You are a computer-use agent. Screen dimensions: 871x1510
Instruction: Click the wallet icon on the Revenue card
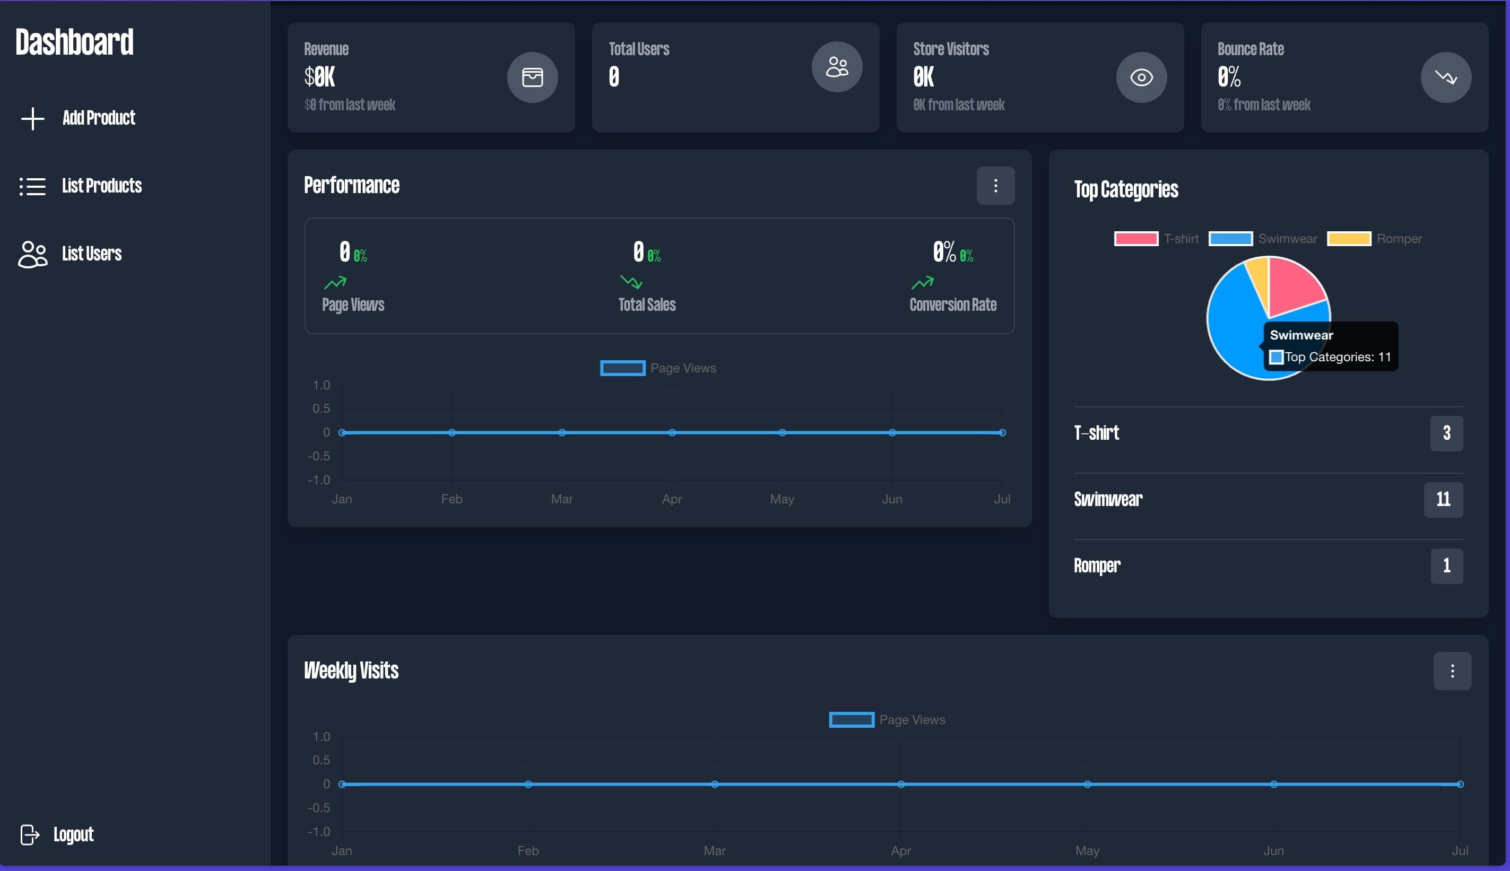532,77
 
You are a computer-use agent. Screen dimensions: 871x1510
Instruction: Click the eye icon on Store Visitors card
1141,77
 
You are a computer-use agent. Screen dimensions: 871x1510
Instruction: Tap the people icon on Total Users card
836,66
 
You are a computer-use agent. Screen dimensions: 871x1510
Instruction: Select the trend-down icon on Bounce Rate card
1445,77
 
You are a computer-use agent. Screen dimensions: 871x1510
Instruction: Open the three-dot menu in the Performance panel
995,186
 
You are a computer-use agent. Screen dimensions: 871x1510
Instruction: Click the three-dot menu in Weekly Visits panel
1451,670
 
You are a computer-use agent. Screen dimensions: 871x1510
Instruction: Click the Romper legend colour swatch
1349,239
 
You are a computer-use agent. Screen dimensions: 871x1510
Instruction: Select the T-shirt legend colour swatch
1135,239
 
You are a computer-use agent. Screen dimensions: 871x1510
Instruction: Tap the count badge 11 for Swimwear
1443,499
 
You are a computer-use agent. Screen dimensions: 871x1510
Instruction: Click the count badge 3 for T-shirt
1445,432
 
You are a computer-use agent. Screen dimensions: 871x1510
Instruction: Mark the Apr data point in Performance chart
672,432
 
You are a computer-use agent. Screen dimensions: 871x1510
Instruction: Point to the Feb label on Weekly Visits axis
528,850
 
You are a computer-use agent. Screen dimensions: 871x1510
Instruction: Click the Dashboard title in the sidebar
74,42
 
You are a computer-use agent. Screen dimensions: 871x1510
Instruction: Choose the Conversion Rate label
952,304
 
